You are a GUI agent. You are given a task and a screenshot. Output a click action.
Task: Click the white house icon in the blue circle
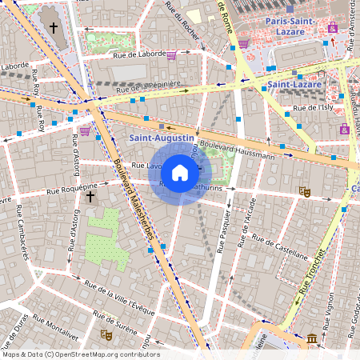click(x=180, y=172)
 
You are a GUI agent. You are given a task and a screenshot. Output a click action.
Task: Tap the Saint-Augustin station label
click(x=161, y=138)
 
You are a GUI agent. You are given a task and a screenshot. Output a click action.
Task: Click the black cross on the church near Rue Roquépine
click(x=90, y=196)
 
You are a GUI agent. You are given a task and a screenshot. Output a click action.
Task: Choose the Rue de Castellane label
click(x=279, y=246)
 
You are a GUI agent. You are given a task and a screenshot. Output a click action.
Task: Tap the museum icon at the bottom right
click(x=311, y=339)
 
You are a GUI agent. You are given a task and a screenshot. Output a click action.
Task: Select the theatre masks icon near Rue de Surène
click(x=105, y=334)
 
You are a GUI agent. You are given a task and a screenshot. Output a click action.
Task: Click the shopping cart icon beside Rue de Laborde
click(x=171, y=55)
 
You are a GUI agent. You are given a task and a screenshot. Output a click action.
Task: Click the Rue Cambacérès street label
click(x=24, y=233)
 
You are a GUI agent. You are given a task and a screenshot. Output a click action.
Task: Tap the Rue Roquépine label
click(x=70, y=190)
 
